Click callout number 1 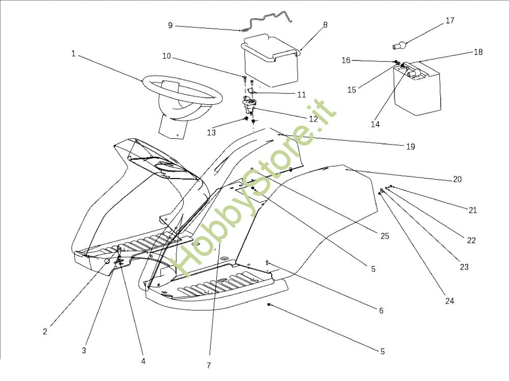73,53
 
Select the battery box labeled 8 270,64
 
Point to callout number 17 449,21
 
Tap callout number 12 313,119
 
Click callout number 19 411,146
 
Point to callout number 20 457,179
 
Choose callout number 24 449,301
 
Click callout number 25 385,236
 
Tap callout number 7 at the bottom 209,365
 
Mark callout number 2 45,332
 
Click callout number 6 381,310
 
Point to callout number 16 346,61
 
